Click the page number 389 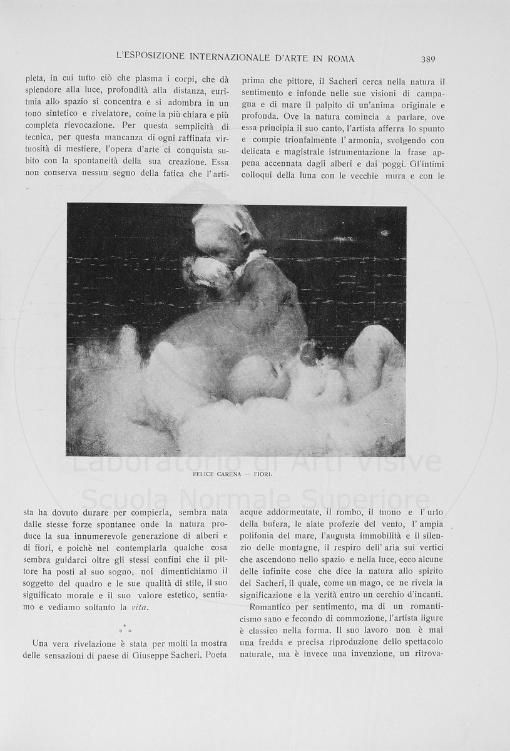click(428, 59)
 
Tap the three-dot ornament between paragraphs click(125, 628)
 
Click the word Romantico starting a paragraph click(270, 607)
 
